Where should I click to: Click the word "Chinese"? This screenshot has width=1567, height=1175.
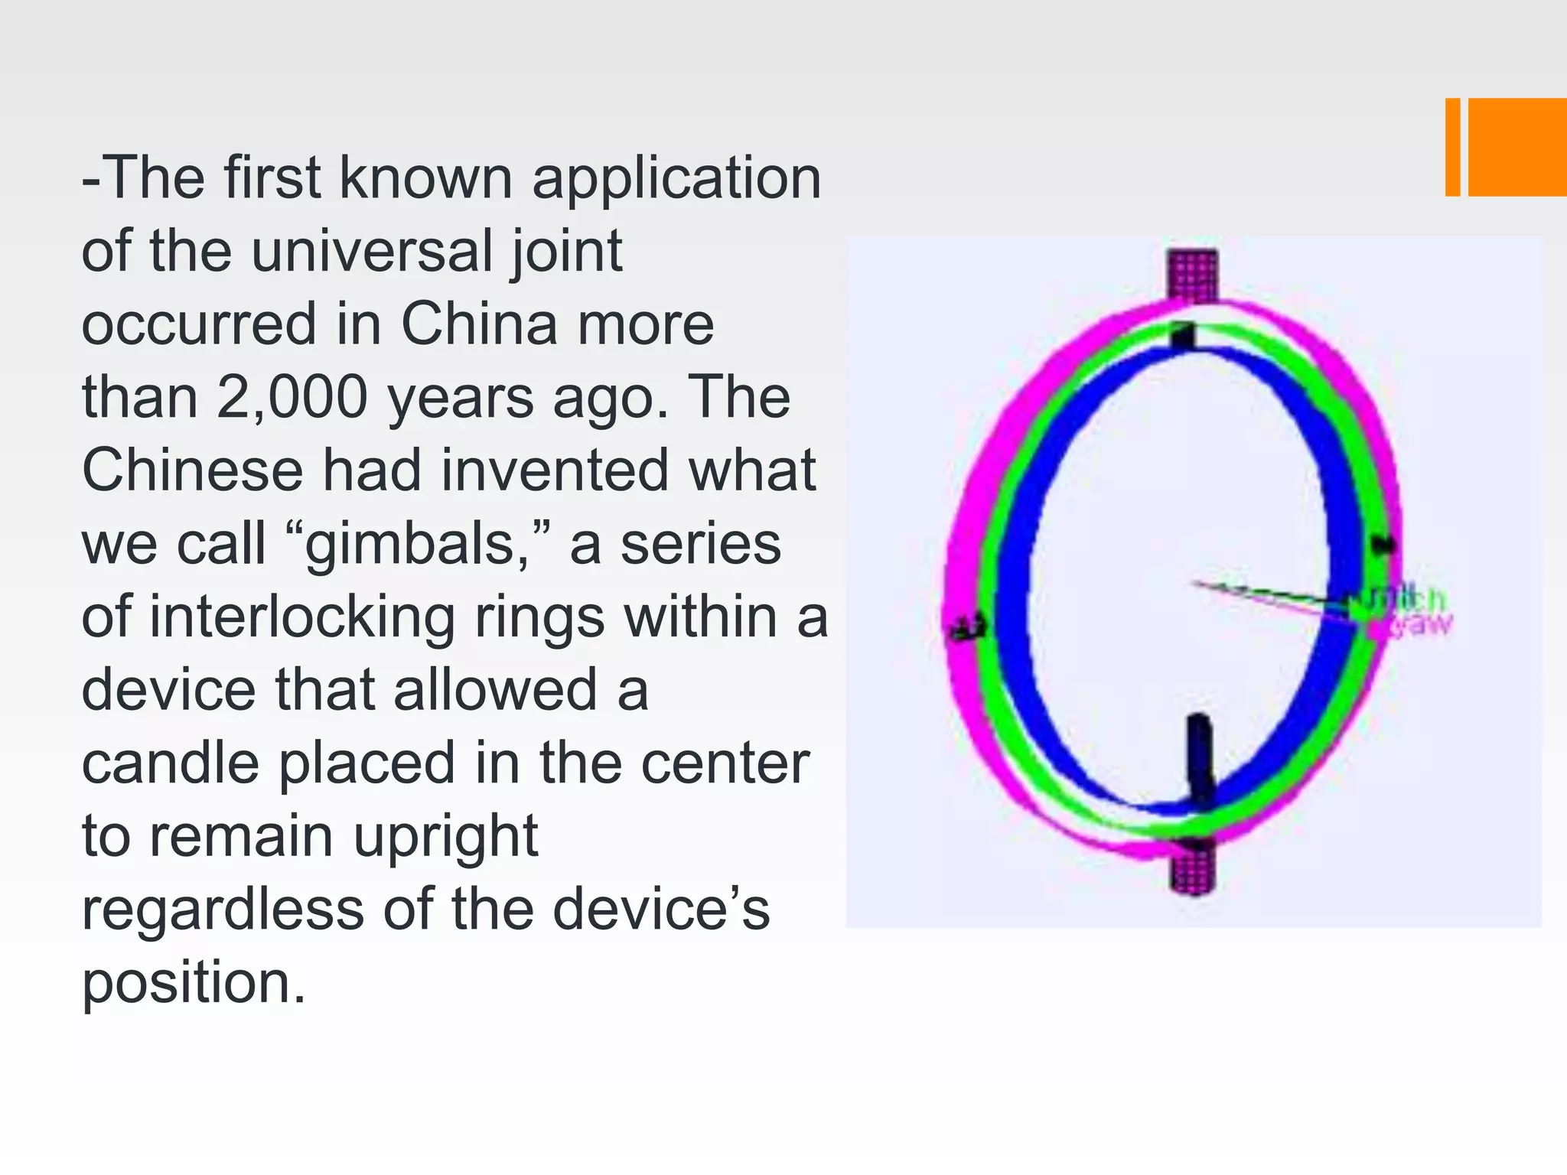[x=192, y=470]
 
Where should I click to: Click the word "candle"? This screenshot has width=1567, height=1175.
[x=170, y=763]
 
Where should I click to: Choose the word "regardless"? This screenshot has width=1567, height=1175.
[x=223, y=910]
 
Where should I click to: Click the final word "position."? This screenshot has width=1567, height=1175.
[x=194, y=983]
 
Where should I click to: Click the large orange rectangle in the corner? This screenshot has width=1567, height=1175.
[x=1517, y=147]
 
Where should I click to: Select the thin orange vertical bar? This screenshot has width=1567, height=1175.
[x=1452, y=147]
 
